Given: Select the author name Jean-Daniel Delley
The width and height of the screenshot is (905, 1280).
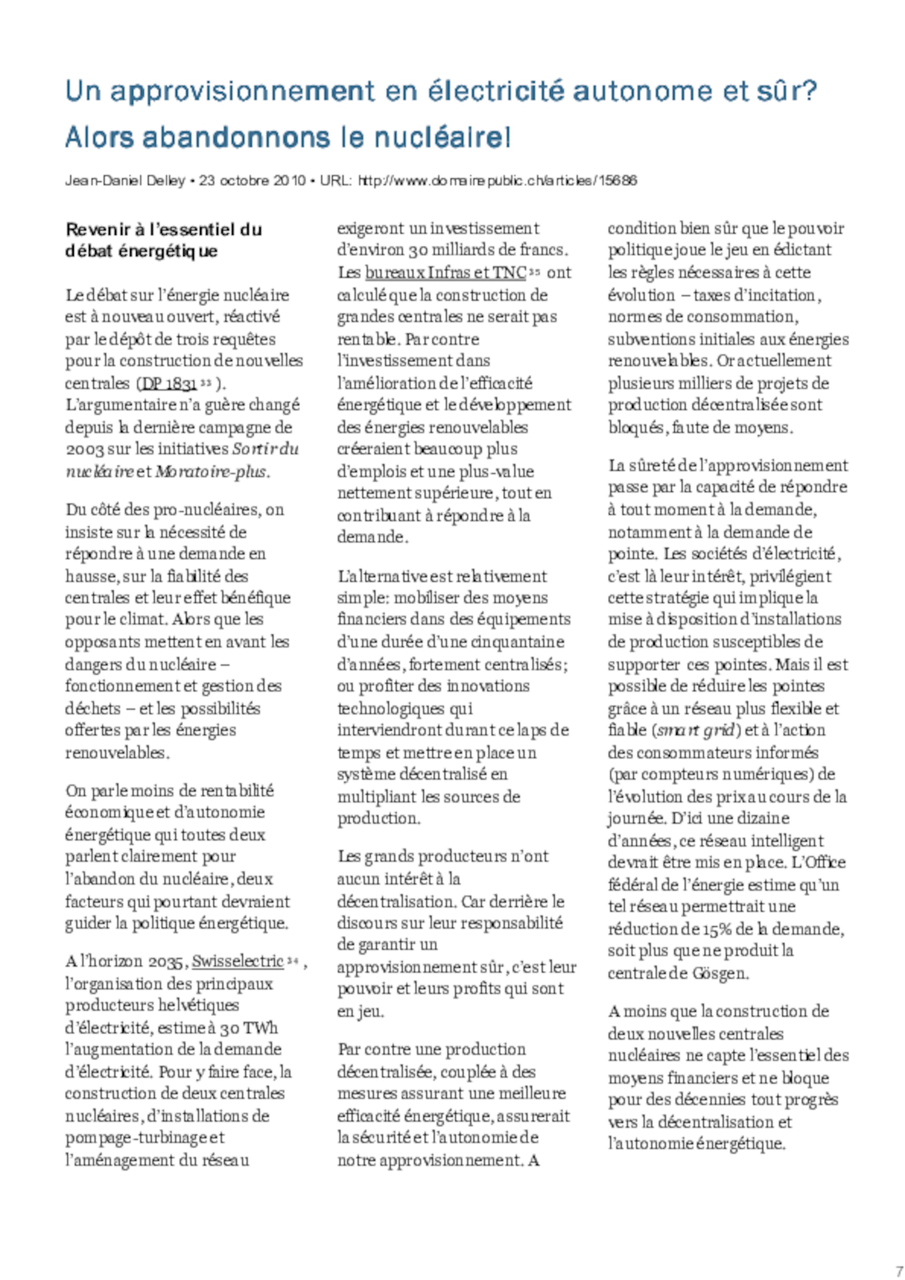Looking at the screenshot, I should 125,180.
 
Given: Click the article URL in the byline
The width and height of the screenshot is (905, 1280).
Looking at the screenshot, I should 497,180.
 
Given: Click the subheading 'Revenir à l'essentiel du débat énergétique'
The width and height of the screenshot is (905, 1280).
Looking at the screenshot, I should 163,240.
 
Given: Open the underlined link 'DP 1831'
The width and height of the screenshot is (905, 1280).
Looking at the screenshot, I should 169,384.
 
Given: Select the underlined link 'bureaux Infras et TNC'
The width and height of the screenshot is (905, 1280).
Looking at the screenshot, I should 445,273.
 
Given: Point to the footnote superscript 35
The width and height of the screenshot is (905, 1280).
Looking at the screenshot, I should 534,271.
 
